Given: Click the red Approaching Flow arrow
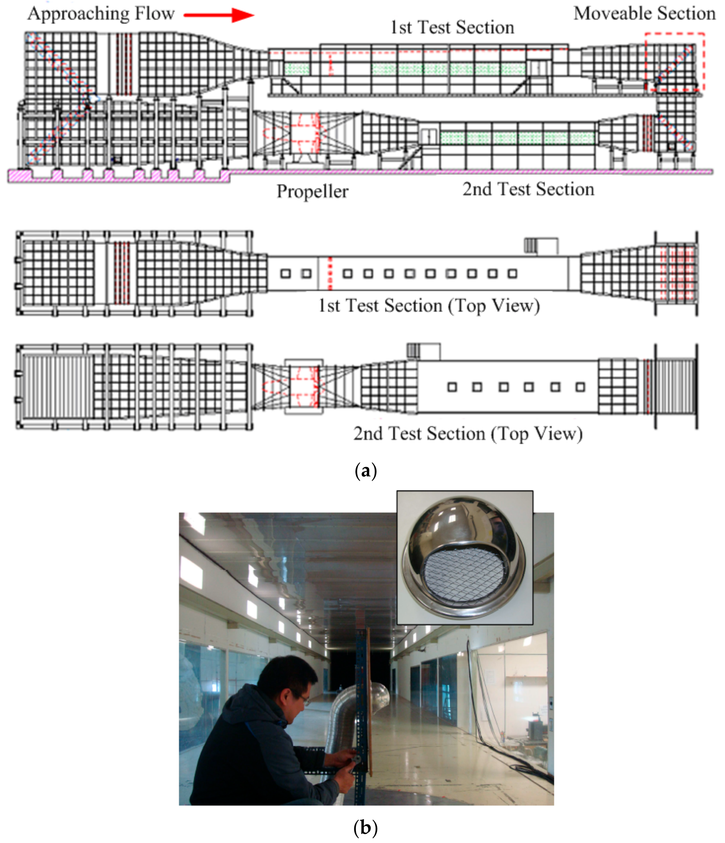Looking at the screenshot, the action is [x=219, y=15].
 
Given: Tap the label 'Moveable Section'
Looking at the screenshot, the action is [x=644, y=13].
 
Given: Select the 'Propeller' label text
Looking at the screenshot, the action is [x=312, y=191].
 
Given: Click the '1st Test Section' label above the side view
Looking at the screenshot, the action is [x=452, y=27].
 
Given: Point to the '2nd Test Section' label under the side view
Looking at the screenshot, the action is [x=528, y=189].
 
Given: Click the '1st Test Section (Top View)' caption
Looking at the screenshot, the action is [x=429, y=305].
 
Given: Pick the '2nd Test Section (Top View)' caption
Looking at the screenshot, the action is [x=468, y=434].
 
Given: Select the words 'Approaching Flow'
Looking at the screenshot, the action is [x=101, y=14].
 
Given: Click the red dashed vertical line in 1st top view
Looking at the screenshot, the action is [x=330, y=273].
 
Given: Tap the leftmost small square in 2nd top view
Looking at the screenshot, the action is [x=452, y=387].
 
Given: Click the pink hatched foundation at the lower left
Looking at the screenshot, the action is [x=118, y=176].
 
